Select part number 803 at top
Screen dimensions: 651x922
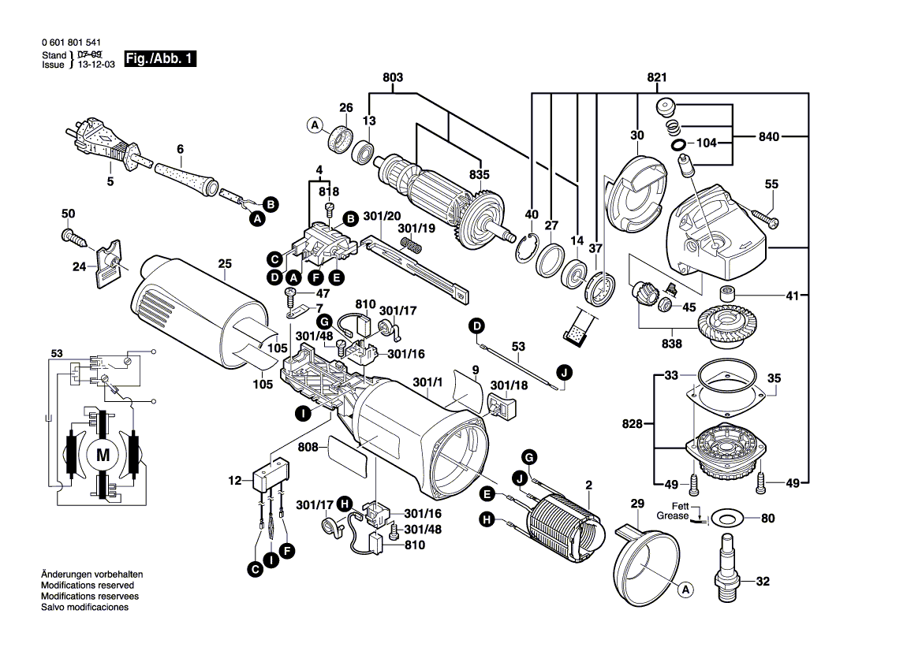393,78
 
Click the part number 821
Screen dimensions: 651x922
657,78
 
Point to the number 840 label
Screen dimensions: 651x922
770,137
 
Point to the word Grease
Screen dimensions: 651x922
672,516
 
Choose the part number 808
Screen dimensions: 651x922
308,447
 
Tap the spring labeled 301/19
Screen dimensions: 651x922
412,247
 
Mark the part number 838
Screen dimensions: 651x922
672,344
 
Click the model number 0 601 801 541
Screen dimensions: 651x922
69,43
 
